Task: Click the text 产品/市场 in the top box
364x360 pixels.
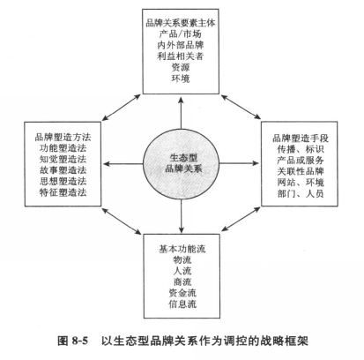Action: [x=181, y=34]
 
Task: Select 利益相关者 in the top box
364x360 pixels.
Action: [x=181, y=56]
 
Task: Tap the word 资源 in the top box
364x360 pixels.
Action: [x=181, y=67]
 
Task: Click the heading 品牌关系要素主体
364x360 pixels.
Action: [x=181, y=23]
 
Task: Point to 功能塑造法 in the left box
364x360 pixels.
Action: [x=63, y=148]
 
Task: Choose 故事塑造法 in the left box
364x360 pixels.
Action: [x=63, y=170]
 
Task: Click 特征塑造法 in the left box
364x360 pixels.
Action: [x=63, y=192]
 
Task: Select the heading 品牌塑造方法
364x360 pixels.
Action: [x=63, y=137]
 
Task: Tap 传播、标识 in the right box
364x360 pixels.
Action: [x=301, y=149]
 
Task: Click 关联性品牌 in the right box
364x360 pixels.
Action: [x=301, y=171]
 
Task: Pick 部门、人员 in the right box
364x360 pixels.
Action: [x=301, y=193]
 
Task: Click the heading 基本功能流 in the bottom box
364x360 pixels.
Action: [x=182, y=249]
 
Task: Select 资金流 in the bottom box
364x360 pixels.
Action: [x=182, y=293]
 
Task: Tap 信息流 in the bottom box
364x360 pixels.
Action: [x=182, y=304]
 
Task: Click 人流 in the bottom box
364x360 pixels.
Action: [x=182, y=271]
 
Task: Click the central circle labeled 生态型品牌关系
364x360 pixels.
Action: [x=182, y=163]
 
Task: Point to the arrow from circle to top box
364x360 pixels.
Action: [x=181, y=112]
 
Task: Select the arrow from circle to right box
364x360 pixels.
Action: [x=240, y=163]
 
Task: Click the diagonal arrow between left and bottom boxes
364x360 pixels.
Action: [x=122, y=221]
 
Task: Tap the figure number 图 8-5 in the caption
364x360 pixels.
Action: [x=73, y=341]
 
